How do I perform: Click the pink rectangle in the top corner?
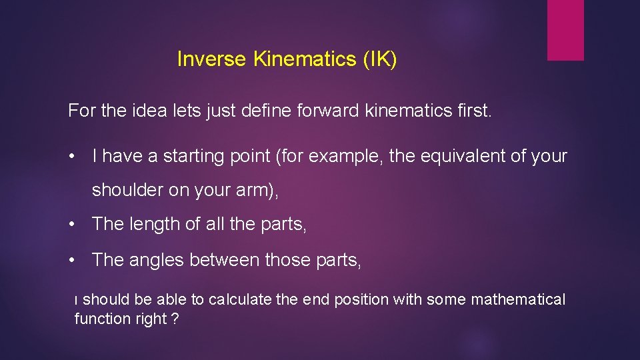coord(565,30)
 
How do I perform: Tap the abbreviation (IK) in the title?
coord(380,59)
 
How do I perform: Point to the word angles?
coord(155,259)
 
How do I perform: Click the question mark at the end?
coord(174,319)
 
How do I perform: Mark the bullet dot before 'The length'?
coord(71,225)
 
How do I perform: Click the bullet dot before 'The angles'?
coord(71,260)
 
